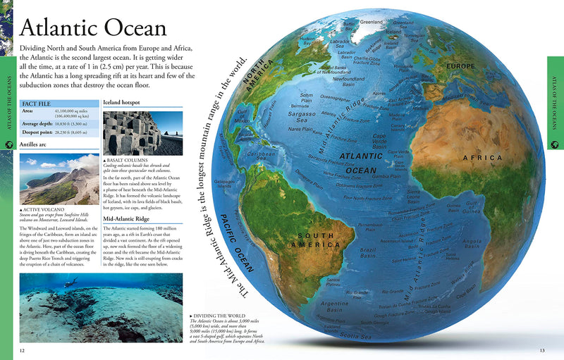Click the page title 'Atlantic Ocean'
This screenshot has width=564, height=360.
click(x=94, y=27)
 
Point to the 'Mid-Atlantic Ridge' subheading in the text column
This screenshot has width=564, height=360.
click(x=130, y=219)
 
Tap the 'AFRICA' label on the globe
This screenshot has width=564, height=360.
click(x=482, y=158)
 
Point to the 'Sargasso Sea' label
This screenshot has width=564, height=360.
click(x=302, y=116)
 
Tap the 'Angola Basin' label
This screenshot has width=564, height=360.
click(x=472, y=244)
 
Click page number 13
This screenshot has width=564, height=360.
click(x=542, y=351)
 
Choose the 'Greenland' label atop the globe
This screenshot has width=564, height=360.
click(x=371, y=22)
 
